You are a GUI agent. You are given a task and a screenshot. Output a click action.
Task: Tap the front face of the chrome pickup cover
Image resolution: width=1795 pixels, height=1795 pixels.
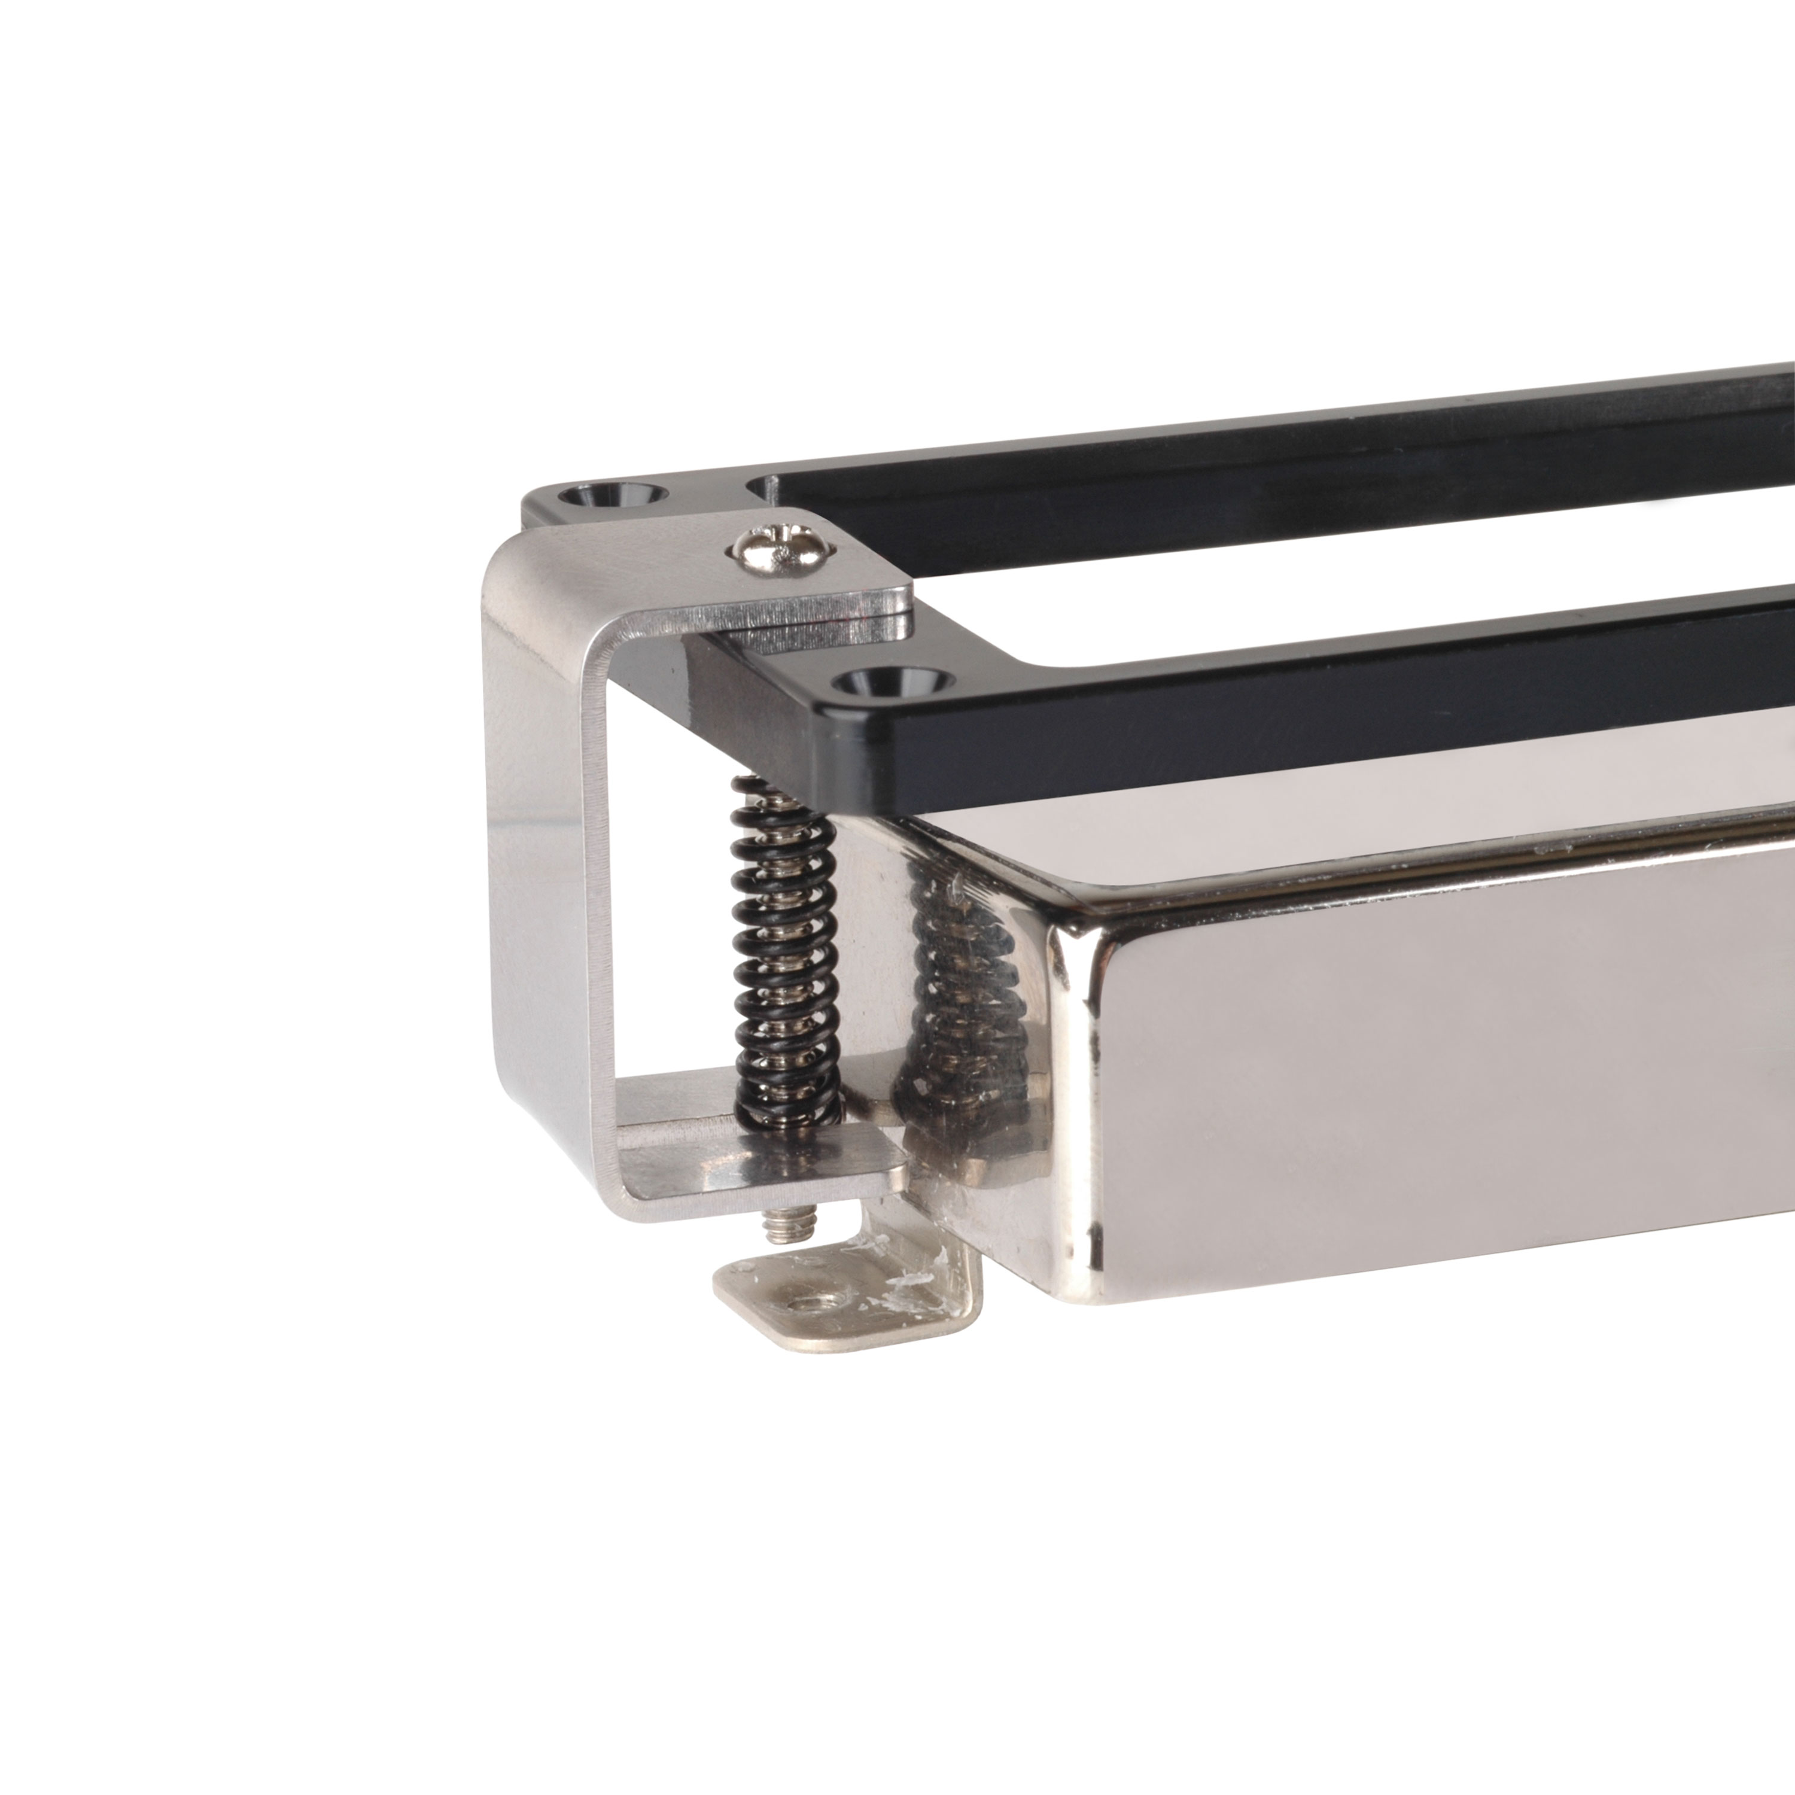pos(1440,1096)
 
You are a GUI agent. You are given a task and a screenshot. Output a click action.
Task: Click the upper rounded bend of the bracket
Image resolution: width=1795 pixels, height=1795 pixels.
pos(506,567)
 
